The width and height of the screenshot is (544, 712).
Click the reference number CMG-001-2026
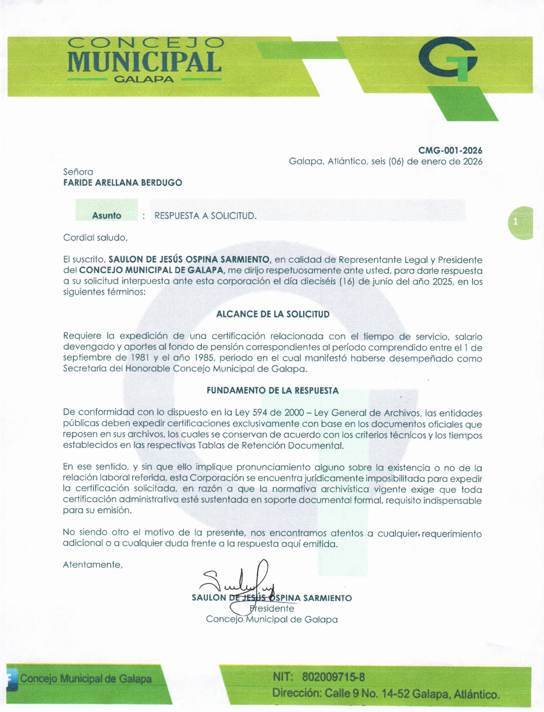(x=450, y=150)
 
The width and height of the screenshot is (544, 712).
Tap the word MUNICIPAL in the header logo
(x=144, y=62)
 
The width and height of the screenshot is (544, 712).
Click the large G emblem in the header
(x=448, y=60)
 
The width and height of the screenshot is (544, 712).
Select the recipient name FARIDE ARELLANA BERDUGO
(x=123, y=182)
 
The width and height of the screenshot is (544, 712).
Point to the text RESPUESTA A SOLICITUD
(x=205, y=216)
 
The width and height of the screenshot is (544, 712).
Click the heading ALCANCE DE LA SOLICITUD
(x=272, y=314)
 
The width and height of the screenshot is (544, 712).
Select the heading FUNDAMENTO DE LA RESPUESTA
(x=272, y=391)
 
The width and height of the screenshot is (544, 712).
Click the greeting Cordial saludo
(x=95, y=238)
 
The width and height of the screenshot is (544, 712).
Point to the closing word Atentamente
(x=93, y=565)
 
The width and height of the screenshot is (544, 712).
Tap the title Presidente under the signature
(x=272, y=608)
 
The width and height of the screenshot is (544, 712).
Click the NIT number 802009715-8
(x=333, y=677)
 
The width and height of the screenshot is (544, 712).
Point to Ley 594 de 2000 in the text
(x=278, y=412)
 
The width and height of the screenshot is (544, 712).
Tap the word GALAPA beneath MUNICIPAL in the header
(x=144, y=79)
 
